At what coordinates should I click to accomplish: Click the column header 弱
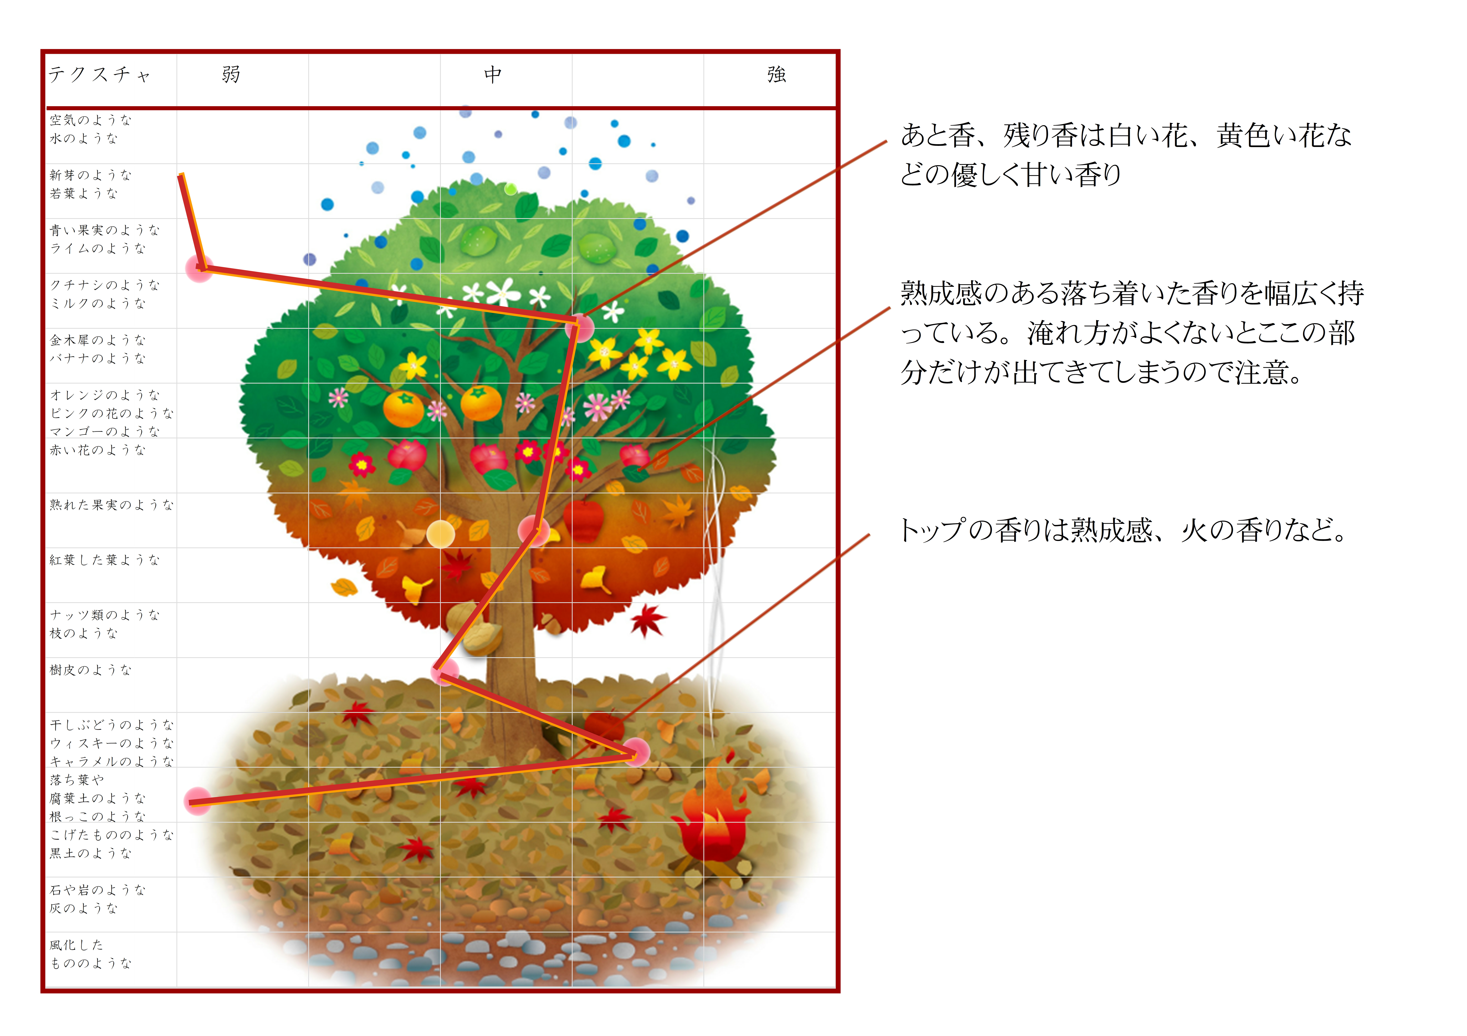click(x=231, y=75)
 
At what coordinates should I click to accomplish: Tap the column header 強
click(x=776, y=75)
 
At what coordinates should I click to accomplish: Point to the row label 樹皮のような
click(x=91, y=670)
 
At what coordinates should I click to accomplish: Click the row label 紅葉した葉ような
click(x=104, y=560)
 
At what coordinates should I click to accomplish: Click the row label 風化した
click(x=77, y=945)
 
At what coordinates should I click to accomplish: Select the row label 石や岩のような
click(x=98, y=890)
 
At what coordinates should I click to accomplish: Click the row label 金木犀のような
click(x=98, y=340)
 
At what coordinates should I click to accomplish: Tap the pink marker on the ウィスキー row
click(x=636, y=752)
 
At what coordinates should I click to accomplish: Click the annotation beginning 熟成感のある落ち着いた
click(x=1131, y=332)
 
